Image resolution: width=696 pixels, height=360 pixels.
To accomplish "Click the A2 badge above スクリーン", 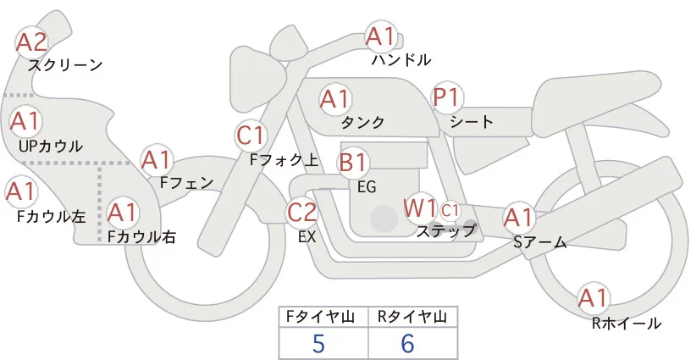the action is tap(33, 42).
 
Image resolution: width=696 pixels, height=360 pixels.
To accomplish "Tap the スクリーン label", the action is tap(65, 64).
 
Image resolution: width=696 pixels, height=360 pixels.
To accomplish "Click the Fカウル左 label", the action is tap(51, 216).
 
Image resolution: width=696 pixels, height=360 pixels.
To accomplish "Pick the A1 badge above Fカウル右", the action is tap(123, 212).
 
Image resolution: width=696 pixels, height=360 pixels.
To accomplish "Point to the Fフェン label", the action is tap(187, 181).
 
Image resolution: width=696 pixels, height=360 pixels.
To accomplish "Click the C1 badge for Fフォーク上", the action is tap(252, 135).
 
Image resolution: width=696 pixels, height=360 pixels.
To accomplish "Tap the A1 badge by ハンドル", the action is tap(380, 36).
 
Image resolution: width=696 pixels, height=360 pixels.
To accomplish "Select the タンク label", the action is tap(363, 122).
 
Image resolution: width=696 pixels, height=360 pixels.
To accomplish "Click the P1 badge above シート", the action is tap(446, 97).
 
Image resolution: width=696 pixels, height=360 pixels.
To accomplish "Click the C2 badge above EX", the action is tap(302, 213).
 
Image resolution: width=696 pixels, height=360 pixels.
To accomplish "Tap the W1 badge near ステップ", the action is tap(420, 208).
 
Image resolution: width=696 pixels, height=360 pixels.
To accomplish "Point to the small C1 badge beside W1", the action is tap(450, 209).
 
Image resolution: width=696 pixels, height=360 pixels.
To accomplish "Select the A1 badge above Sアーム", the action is tap(518, 218).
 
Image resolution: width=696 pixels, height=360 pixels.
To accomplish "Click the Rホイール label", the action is tap(627, 323).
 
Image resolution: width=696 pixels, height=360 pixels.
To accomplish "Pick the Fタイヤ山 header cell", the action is tap(323, 317).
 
